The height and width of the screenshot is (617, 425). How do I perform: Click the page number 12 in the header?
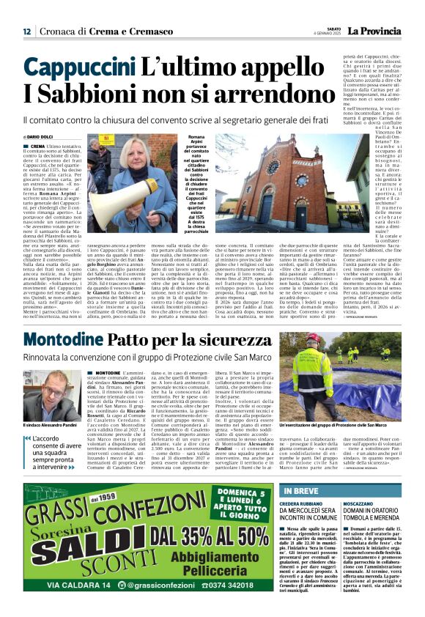[27, 32]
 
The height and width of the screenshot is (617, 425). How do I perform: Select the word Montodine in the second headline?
[62, 340]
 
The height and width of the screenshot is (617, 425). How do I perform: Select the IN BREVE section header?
[304, 491]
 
